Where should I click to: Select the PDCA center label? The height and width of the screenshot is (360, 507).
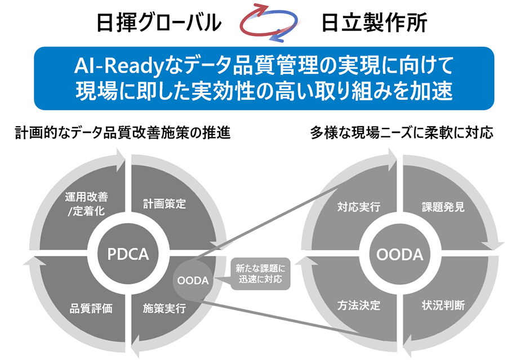128,254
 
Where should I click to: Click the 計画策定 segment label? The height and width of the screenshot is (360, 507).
164,204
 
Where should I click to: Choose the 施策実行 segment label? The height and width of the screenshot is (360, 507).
164,308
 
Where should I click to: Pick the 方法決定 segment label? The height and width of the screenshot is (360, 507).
359,305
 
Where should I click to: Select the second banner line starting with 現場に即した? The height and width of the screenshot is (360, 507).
264,91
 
